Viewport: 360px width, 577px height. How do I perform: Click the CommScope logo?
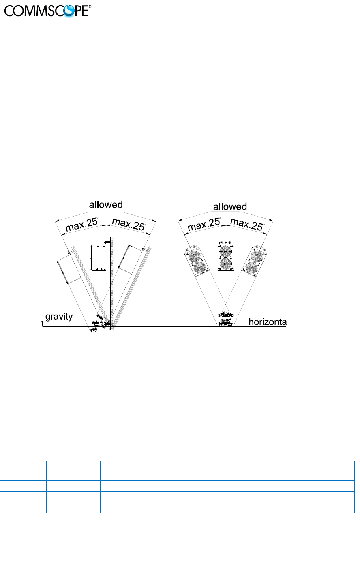48,11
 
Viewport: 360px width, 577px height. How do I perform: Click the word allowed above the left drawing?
106,205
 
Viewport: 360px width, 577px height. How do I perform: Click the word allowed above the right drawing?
230,206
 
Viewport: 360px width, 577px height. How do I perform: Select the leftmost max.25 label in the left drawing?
81,225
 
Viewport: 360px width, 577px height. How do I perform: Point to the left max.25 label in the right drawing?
204,224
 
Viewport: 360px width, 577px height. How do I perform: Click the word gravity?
59,317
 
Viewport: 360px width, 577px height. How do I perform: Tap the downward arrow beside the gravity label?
43,319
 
